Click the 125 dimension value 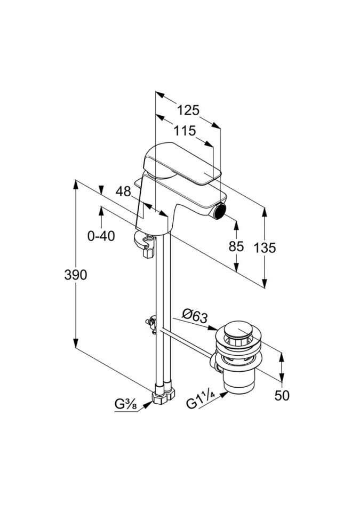pyautogui.click(x=188, y=110)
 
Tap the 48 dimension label pyautogui.click(x=123, y=191)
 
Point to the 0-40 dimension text pyautogui.click(x=101, y=236)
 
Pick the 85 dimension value pyautogui.click(x=235, y=247)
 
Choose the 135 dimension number pyautogui.click(x=265, y=247)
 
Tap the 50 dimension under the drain pyautogui.click(x=282, y=395)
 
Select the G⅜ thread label pyautogui.click(x=126, y=404)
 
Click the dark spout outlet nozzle pyautogui.click(x=218, y=214)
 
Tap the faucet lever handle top pyautogui.click(x=181, y=162)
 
